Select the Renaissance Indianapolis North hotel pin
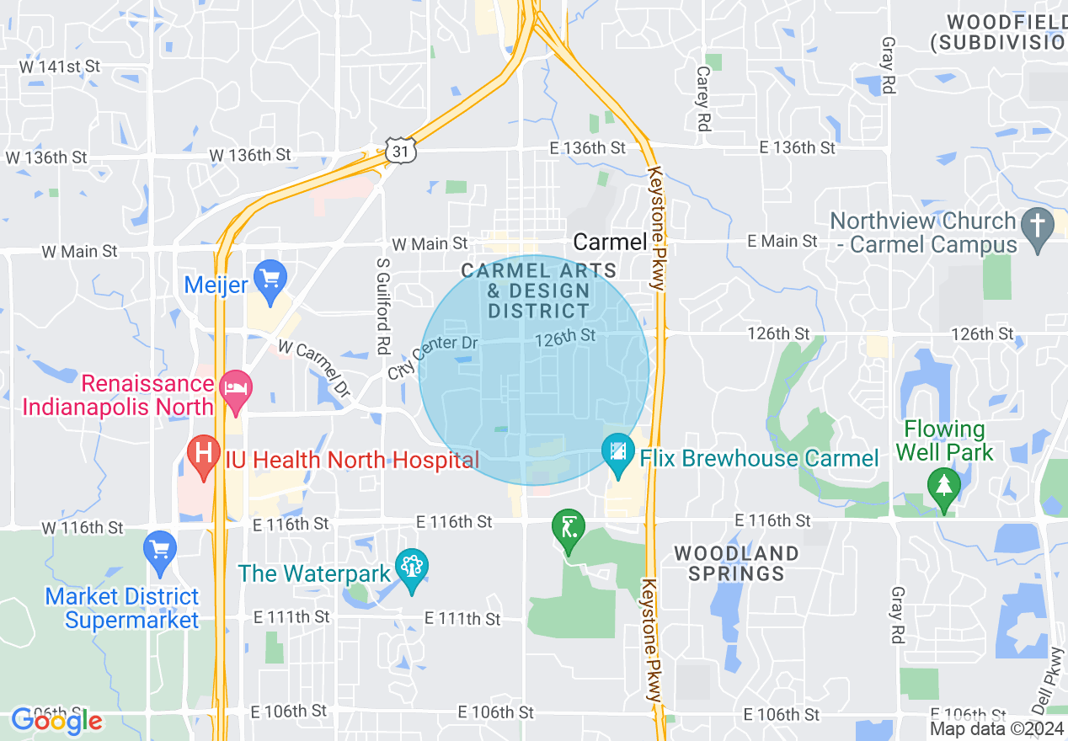tap(235, 392)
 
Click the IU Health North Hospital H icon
tap(203, 456)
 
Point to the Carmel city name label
tap(610, 243)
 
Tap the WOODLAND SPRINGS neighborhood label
tap(736, 563)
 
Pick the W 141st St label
tap(52, 67)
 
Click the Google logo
tap(56, 720)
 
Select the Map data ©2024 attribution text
tap(997, 728)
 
